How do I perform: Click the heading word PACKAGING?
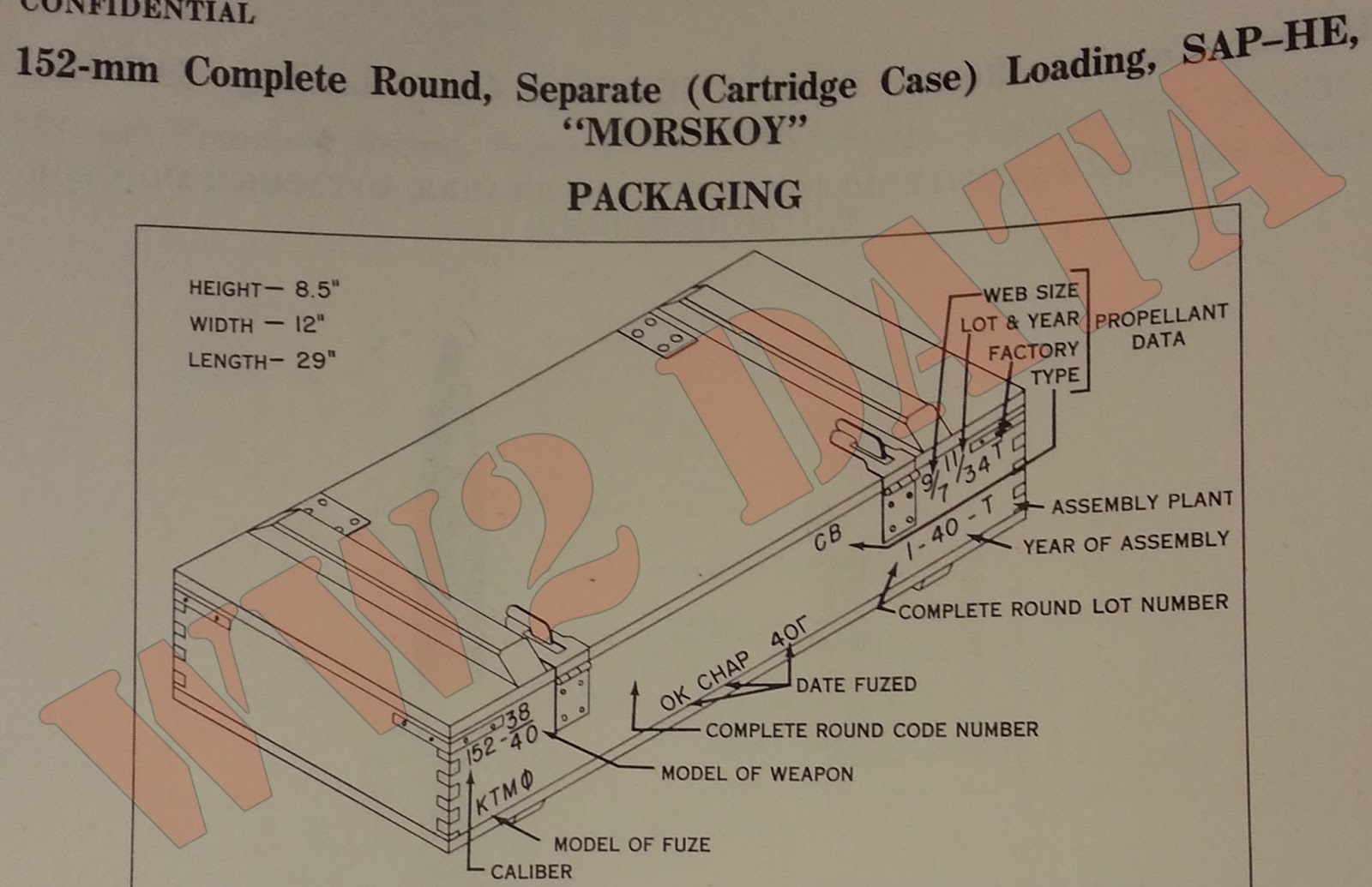pos(684,196)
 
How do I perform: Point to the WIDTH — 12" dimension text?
pos(256,325)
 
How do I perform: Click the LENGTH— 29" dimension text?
pos(262,361)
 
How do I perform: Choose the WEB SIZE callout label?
pos(1030,293)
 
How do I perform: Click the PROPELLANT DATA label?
pos(1160,327)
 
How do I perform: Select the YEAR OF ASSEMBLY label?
pos(1126,542)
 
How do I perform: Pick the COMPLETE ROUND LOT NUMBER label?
pos(1063,607)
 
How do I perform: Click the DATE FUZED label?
pos(856,685)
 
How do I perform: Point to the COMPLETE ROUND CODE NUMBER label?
pos(871,730)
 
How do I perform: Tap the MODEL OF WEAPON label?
pos(757,774)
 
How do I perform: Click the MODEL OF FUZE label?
pos(632,844)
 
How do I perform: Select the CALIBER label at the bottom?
pos(531,872)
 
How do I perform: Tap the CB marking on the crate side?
pos(829,537)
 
